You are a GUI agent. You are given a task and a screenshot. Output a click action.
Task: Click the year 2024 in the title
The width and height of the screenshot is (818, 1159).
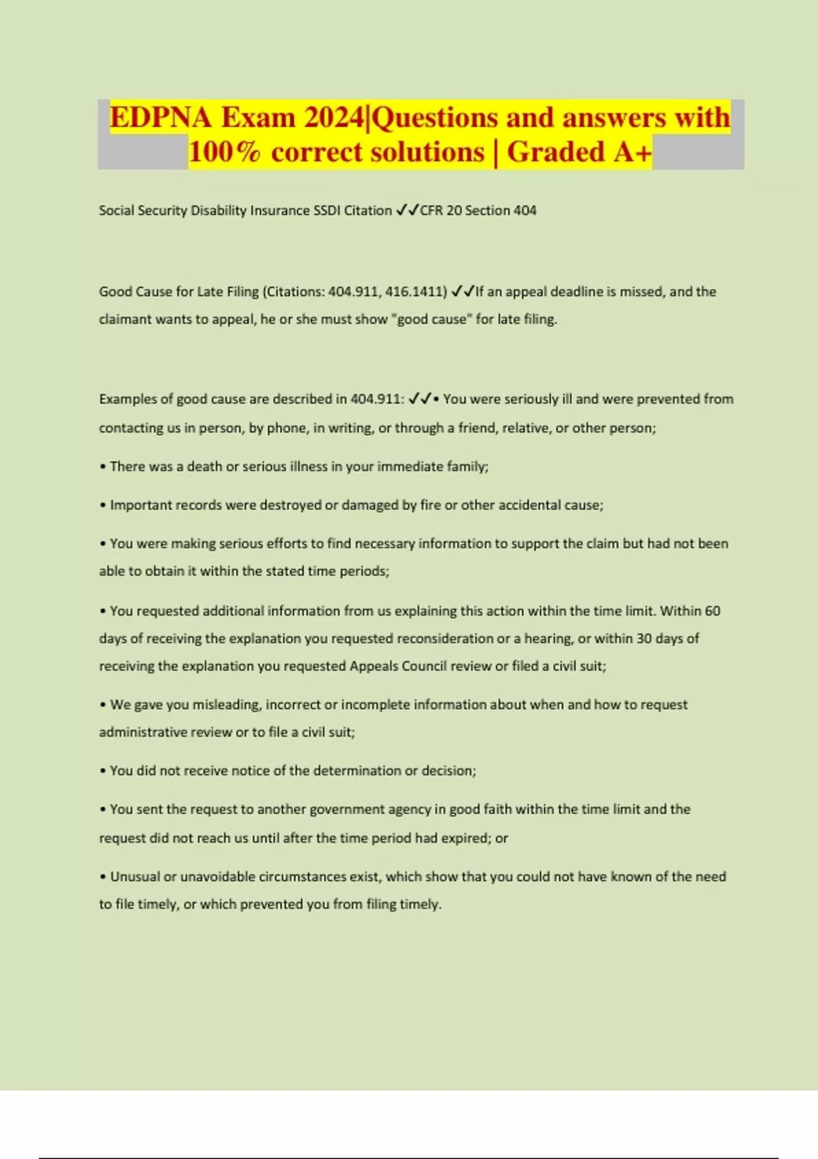tap(334, 118)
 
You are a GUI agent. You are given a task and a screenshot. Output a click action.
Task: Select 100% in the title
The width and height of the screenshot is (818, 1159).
tap(224, 152)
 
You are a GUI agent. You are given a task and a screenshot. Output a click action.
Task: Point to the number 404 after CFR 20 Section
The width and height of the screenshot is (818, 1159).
tap(525, 211)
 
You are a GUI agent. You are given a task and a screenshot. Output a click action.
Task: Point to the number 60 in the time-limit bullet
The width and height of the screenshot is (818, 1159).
tap(712, 611)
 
